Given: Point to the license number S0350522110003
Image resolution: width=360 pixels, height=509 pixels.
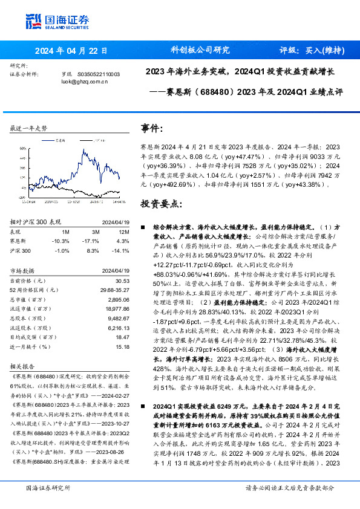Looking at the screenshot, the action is [x=98, y=74].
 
